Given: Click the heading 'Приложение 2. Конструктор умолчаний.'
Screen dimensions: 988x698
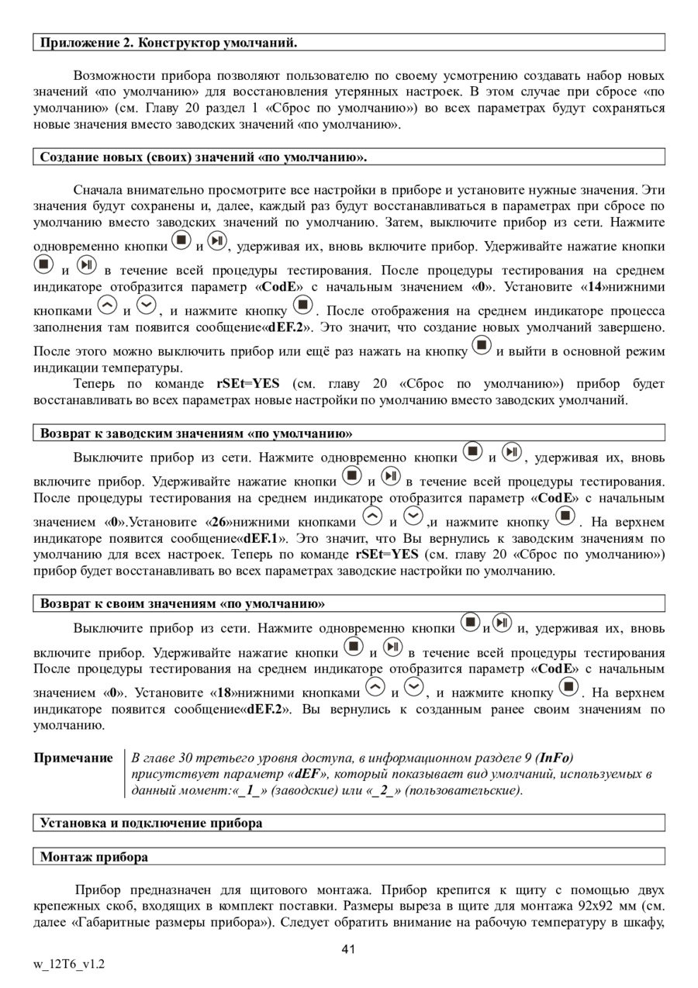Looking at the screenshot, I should [168, 42].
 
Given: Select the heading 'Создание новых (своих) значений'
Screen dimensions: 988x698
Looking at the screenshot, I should [203, 157].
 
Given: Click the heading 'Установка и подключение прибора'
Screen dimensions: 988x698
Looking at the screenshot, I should [151, 822].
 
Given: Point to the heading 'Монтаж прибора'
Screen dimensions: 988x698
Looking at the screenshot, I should [94, 857].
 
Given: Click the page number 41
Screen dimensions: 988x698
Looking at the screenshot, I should [348, 949].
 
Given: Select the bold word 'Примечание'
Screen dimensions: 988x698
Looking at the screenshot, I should [73, 758].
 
